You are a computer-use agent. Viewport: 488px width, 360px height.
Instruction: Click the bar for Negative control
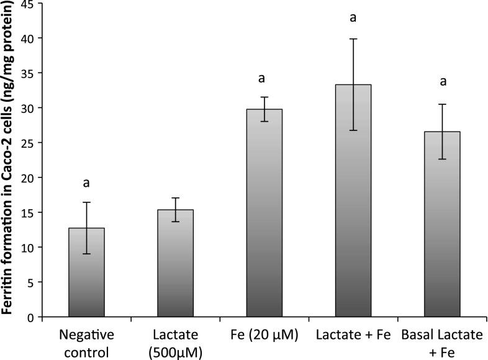click(x=86, y=272)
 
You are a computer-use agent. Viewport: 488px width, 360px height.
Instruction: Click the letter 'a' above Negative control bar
click(x=86, y=184)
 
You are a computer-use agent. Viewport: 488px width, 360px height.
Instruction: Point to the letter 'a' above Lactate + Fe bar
click(x=353, y=17)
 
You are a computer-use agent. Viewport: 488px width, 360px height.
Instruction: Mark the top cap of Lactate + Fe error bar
click(x=353, y=38)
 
